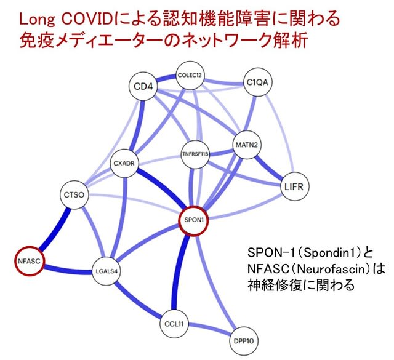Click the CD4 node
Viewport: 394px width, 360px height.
tap(143, 86)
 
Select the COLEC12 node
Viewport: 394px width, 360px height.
tap(190, 75)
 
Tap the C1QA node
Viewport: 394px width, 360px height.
tap(257, 82)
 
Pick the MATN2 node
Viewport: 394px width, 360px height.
tap(247, 145)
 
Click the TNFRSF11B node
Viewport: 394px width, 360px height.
tap(195, 154)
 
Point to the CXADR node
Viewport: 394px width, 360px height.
tap(124, 163)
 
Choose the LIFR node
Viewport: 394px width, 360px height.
tap(294, 186)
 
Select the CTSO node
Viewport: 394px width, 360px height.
tap(74, 194)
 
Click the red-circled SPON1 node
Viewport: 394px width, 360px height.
tap(194, 220)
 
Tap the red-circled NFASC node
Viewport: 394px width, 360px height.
tap(29, 262)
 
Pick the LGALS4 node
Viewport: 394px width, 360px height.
tap(107, 271)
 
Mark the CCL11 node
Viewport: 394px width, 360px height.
tap(174, 324)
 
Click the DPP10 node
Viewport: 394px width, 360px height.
tap(244, 341)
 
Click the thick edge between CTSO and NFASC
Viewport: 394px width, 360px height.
tap(54, 229)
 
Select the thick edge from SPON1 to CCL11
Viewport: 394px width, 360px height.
tap(180, 273)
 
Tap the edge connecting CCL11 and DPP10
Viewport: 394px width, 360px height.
tap(209, 329)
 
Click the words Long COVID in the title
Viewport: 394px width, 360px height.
tap(66, 20)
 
